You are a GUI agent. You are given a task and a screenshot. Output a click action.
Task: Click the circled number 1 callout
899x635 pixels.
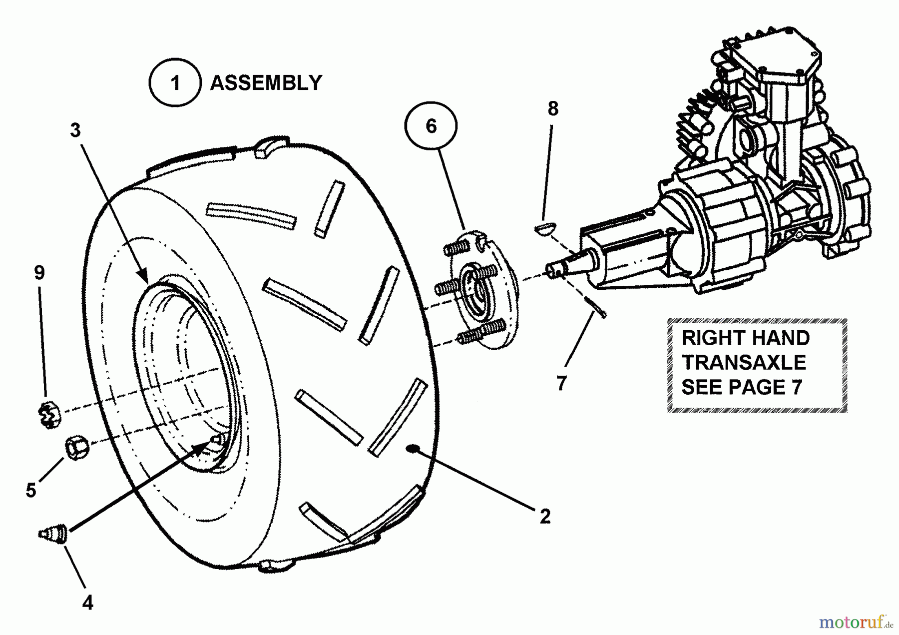(x=175, y=82)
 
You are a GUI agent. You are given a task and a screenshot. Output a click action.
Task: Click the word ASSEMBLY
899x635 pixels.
(x=266, y=83)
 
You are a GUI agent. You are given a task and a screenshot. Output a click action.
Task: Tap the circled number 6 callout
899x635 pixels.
(x=431, y=126)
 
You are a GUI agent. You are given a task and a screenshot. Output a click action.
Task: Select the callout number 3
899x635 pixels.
(x=75, y=130)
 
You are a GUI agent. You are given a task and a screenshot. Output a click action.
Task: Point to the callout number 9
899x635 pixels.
(x=39, y=273)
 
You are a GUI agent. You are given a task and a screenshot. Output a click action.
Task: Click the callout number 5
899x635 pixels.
(x=31, y=491)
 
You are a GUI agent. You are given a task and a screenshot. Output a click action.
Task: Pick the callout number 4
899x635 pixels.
(x=87, y=603)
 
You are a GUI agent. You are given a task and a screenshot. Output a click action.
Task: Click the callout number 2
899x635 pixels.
(x=545, y=516)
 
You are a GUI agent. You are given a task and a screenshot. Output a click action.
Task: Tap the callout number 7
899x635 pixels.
(x=561, y=384)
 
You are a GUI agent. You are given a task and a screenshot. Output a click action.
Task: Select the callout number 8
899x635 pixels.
(x=553, y=108)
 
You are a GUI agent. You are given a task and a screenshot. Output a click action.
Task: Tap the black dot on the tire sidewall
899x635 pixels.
(x=413, y=448)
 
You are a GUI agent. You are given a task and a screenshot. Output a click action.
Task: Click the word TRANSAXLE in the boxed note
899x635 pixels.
(x=744, y=363)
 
